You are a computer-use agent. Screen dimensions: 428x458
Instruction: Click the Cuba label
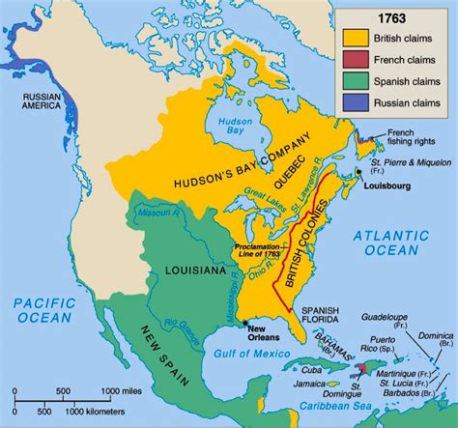[287, 370]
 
